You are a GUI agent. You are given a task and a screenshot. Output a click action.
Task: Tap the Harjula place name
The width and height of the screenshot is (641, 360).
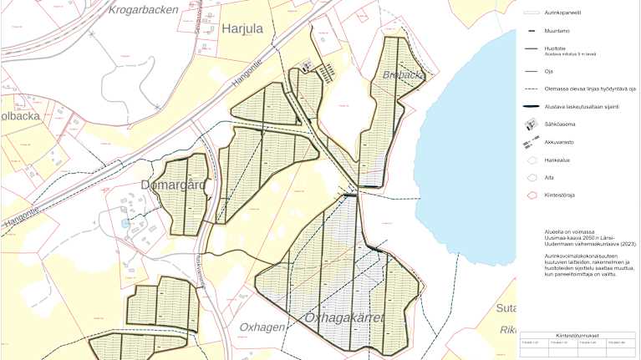pyautogui.click(x=243, y=31)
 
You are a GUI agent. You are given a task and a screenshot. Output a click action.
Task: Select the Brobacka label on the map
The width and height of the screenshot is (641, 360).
pyautogui.click(x=404, y=74)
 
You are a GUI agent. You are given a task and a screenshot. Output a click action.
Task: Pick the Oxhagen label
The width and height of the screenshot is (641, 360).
pyautogui.click(x=263, y=326)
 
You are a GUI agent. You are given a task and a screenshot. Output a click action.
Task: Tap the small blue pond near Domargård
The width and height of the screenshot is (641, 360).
pyautogui.click(x=126, y=223)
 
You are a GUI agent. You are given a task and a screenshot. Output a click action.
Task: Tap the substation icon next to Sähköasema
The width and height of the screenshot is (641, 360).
pyautogui.click(x=530, y=124)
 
